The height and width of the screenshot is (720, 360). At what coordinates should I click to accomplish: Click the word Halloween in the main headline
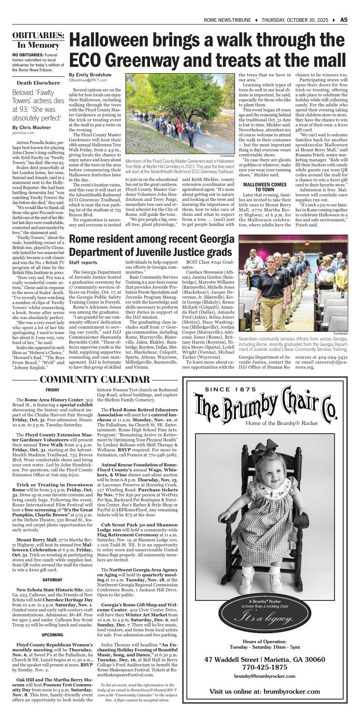pos(117,41)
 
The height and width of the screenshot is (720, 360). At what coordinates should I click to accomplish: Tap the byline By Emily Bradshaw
pos(90,75)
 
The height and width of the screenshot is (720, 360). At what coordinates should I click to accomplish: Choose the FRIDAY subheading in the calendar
pos(52,390)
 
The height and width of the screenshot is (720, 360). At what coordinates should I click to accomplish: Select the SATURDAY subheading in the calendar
pos(52,580)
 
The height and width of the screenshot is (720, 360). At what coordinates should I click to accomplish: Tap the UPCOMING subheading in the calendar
pos(52,635)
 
